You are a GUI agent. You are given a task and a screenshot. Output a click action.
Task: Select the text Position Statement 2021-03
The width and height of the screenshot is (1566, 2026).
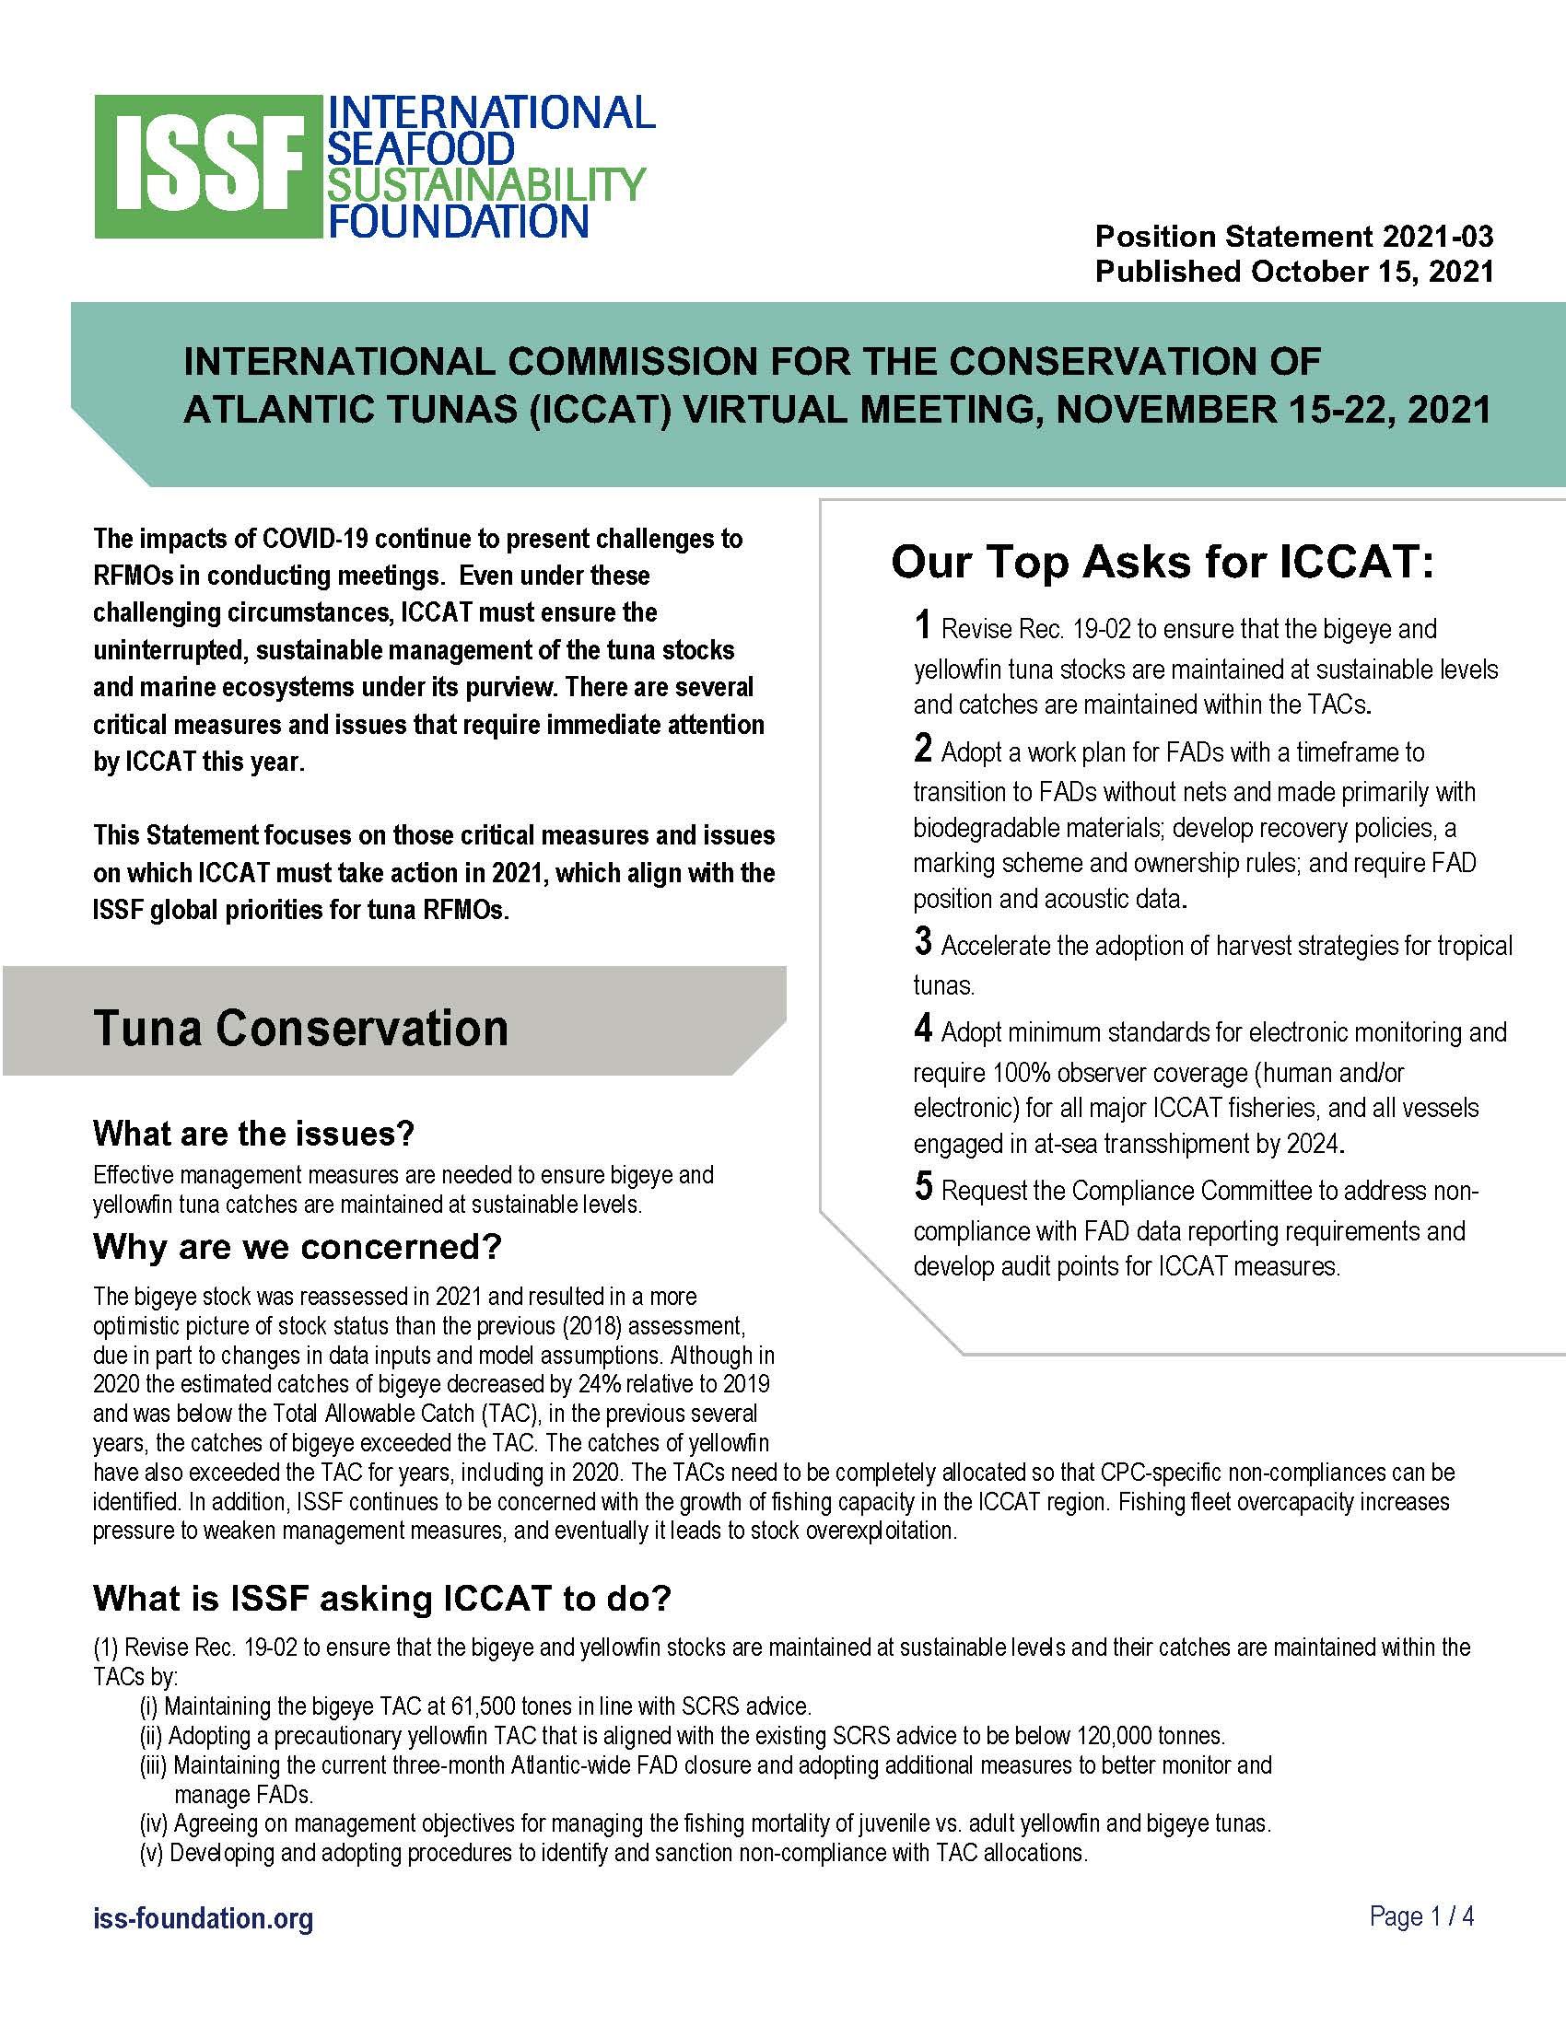(x=1293, y=237)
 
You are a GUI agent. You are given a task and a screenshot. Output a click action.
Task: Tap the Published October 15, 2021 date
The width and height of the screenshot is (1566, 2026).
(x=1293, y=272)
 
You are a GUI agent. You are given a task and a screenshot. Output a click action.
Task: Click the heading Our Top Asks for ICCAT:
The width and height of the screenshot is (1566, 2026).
(x=1163, y=563)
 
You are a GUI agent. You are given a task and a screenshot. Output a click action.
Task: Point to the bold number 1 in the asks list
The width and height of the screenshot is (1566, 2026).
(x=922, y=625)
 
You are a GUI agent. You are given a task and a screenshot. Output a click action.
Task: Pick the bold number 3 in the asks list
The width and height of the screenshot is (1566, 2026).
(x=922, y=941)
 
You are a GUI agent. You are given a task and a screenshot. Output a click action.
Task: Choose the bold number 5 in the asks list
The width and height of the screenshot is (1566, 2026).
(x=922, y=1186)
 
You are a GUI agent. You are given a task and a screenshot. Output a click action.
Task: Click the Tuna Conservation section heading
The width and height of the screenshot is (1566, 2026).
(x=300, y=1029)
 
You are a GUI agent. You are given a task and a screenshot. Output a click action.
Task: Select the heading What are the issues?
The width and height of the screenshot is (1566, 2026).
(x=253, y=1134)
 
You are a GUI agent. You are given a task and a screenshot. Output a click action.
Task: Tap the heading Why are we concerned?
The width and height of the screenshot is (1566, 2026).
(x=297, y=1247)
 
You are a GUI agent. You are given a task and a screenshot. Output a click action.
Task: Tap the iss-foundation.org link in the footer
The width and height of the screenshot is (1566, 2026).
(x=204, y=1917)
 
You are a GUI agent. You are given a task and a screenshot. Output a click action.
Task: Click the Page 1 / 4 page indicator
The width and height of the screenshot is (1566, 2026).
(x=1421, y=1916)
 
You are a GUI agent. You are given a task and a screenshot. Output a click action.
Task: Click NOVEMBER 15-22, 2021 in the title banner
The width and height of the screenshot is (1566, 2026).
(x=1273, y=409)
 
